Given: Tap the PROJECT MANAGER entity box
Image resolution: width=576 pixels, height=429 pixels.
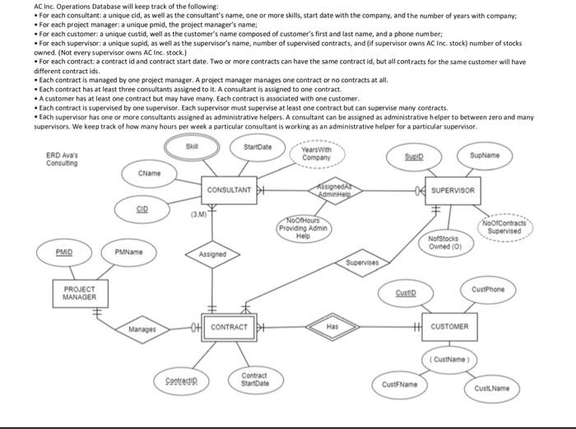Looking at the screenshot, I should point(81,293).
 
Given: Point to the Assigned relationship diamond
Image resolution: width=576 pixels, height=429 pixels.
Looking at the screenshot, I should point(212,255).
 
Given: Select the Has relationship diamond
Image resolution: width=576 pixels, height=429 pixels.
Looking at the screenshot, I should point(332,326).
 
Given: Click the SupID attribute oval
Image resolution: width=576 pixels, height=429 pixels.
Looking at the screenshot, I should point(434,155).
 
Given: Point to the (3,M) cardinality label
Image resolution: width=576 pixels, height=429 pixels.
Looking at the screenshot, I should point(197,217).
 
